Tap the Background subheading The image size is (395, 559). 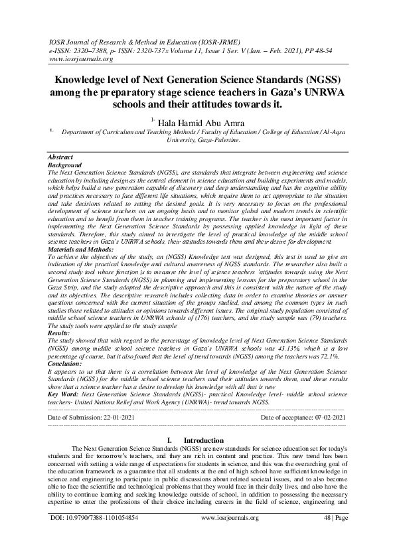click(x=65, y=164)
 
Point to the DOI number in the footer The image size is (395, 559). click(x=94, y=534)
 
